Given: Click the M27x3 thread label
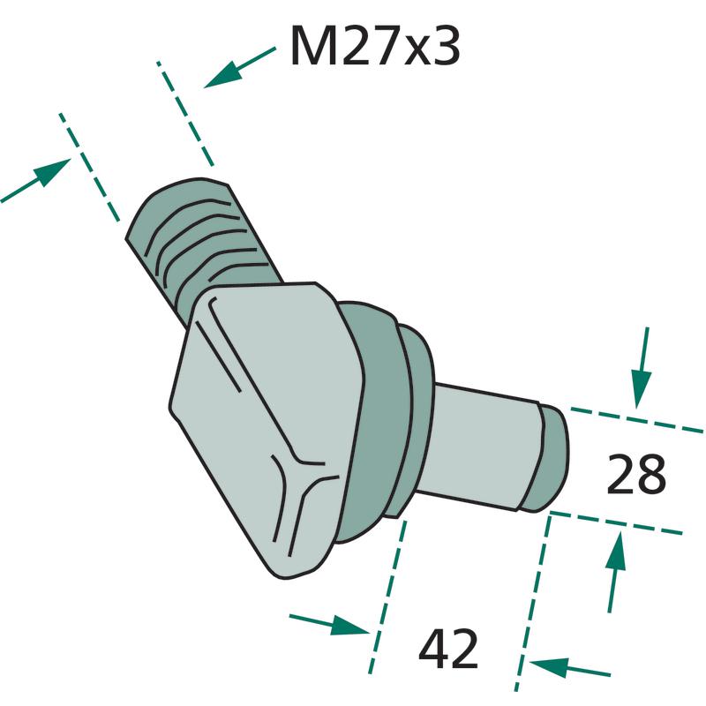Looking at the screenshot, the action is coord(375,46).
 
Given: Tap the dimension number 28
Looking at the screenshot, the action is coord(635,474).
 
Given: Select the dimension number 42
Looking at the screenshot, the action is coord(448,650).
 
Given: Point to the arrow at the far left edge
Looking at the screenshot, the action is coord(36,180).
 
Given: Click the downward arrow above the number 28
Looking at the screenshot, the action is coord(642,368).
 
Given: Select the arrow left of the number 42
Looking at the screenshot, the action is coord(329,624).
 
